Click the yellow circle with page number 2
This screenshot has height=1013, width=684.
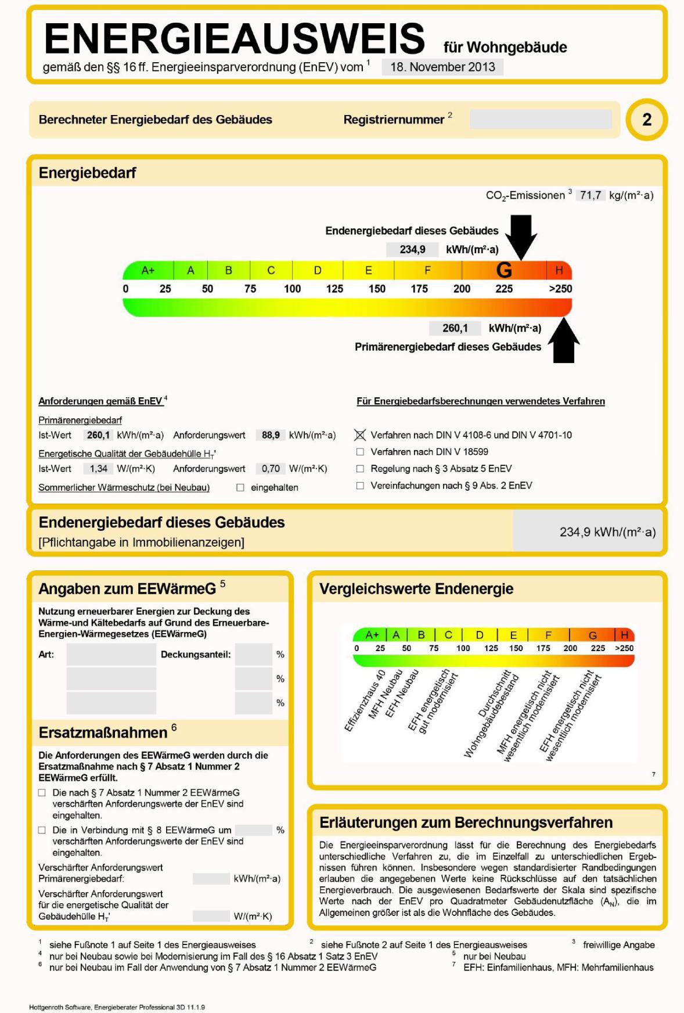pyautogui.click(x=646, y=120)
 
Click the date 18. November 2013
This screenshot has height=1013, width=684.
pyautogui.click(x=442, y=67)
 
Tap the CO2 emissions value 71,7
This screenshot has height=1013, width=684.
pyautogui.click(x=590, y=195)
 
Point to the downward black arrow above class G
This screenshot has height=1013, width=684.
pyautogui.click(x=521, y=235)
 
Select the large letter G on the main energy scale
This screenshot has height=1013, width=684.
pyautogui.click(x=504, y=270)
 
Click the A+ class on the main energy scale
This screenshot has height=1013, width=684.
pyautogui.click(x=148, y=270)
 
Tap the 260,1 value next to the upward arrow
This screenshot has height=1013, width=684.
pyautogui.click(x=455, y=328)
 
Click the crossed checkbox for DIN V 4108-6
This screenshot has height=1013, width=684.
pyautogui.click(x=360, y=435)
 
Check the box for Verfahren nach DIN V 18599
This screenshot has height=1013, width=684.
pyautogui.click(x=360, y=452)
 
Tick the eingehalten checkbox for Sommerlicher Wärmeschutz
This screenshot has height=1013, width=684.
pyautogui.click(x=240, y=488)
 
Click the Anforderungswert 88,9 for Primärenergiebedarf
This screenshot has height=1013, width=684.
pyautogui.click(x=271, y=435)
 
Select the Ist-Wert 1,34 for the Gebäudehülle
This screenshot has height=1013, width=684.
pyautogui.click(x=98, y=469)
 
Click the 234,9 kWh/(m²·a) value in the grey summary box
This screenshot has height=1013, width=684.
pyautogui.click(x=607, y=532)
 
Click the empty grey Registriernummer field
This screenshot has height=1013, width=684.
pyautogui.click(x=541, y=120)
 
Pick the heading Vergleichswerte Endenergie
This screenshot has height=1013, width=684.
pyautogui.click(x=416, y=589)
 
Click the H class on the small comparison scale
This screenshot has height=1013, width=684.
pyautogui.click(x=625, y=635)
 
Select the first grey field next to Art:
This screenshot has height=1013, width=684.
pyautogui.click(x=111, y=655)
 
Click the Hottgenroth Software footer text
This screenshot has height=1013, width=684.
pyautogui.click(x=117, y=1007)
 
